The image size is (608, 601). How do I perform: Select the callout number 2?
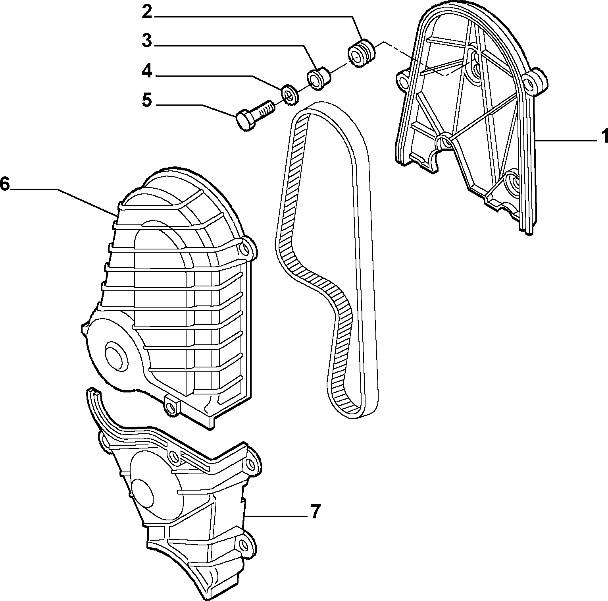click(147, 12)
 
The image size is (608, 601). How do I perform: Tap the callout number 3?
click(147, 41)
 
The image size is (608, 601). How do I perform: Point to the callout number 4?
click(147, 71)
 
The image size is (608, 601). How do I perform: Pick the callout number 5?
click(147, 100)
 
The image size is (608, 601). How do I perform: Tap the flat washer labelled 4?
click(290, 94)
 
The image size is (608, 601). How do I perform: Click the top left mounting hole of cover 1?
click(404, 81)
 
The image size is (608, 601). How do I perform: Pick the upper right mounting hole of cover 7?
click(250, 463)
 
